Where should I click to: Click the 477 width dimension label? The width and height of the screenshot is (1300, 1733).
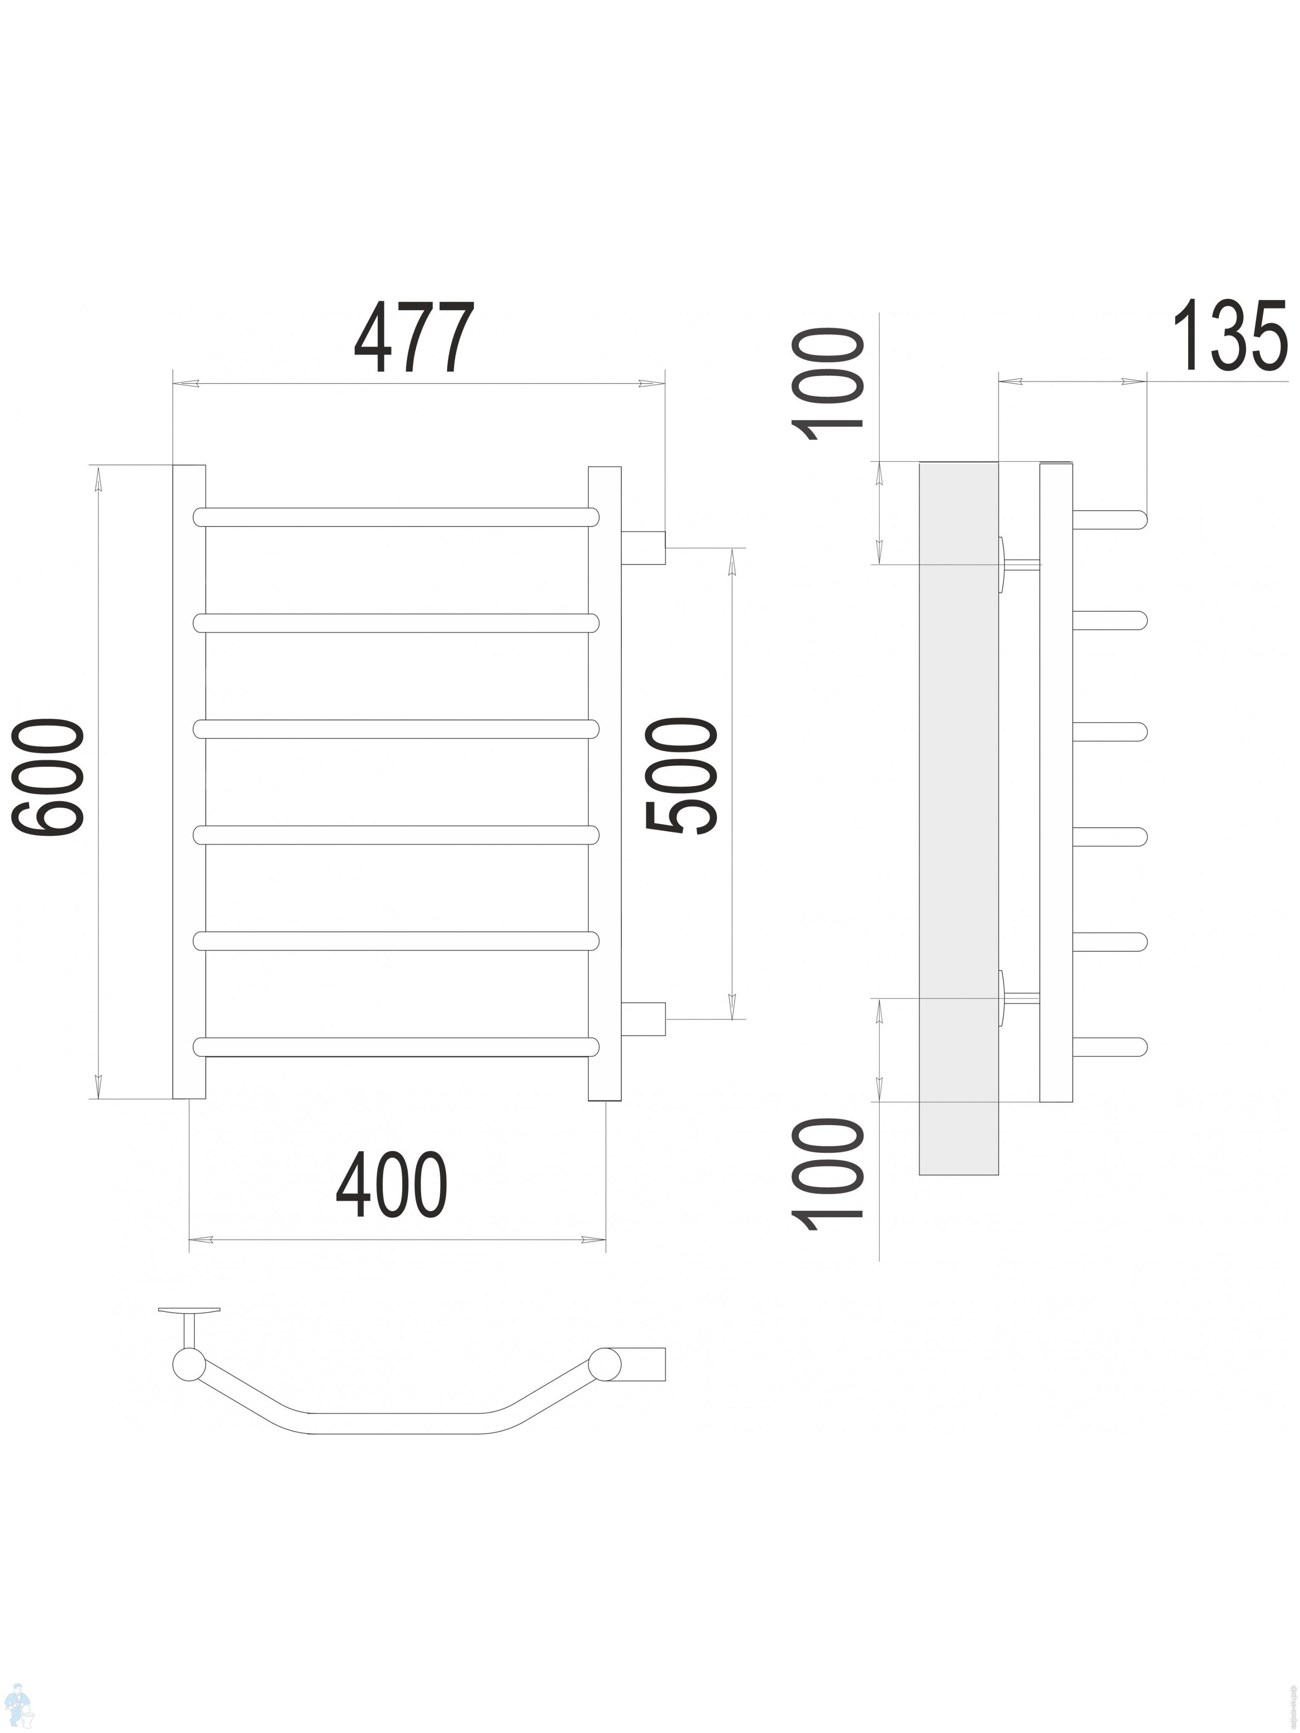415,338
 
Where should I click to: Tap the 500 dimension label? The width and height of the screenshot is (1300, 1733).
680,777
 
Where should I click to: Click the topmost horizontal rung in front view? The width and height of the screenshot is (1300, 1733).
396,517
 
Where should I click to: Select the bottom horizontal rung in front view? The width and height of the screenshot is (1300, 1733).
396,1047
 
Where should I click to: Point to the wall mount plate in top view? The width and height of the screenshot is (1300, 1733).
189,1309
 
